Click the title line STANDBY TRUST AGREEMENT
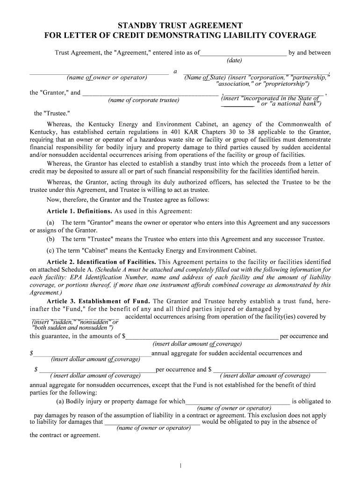180,25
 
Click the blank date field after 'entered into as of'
243,53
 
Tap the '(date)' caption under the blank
234,61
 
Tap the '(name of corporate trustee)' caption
144,101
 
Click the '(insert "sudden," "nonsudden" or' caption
74,322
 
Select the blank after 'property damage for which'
238,402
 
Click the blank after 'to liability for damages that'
152,422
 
